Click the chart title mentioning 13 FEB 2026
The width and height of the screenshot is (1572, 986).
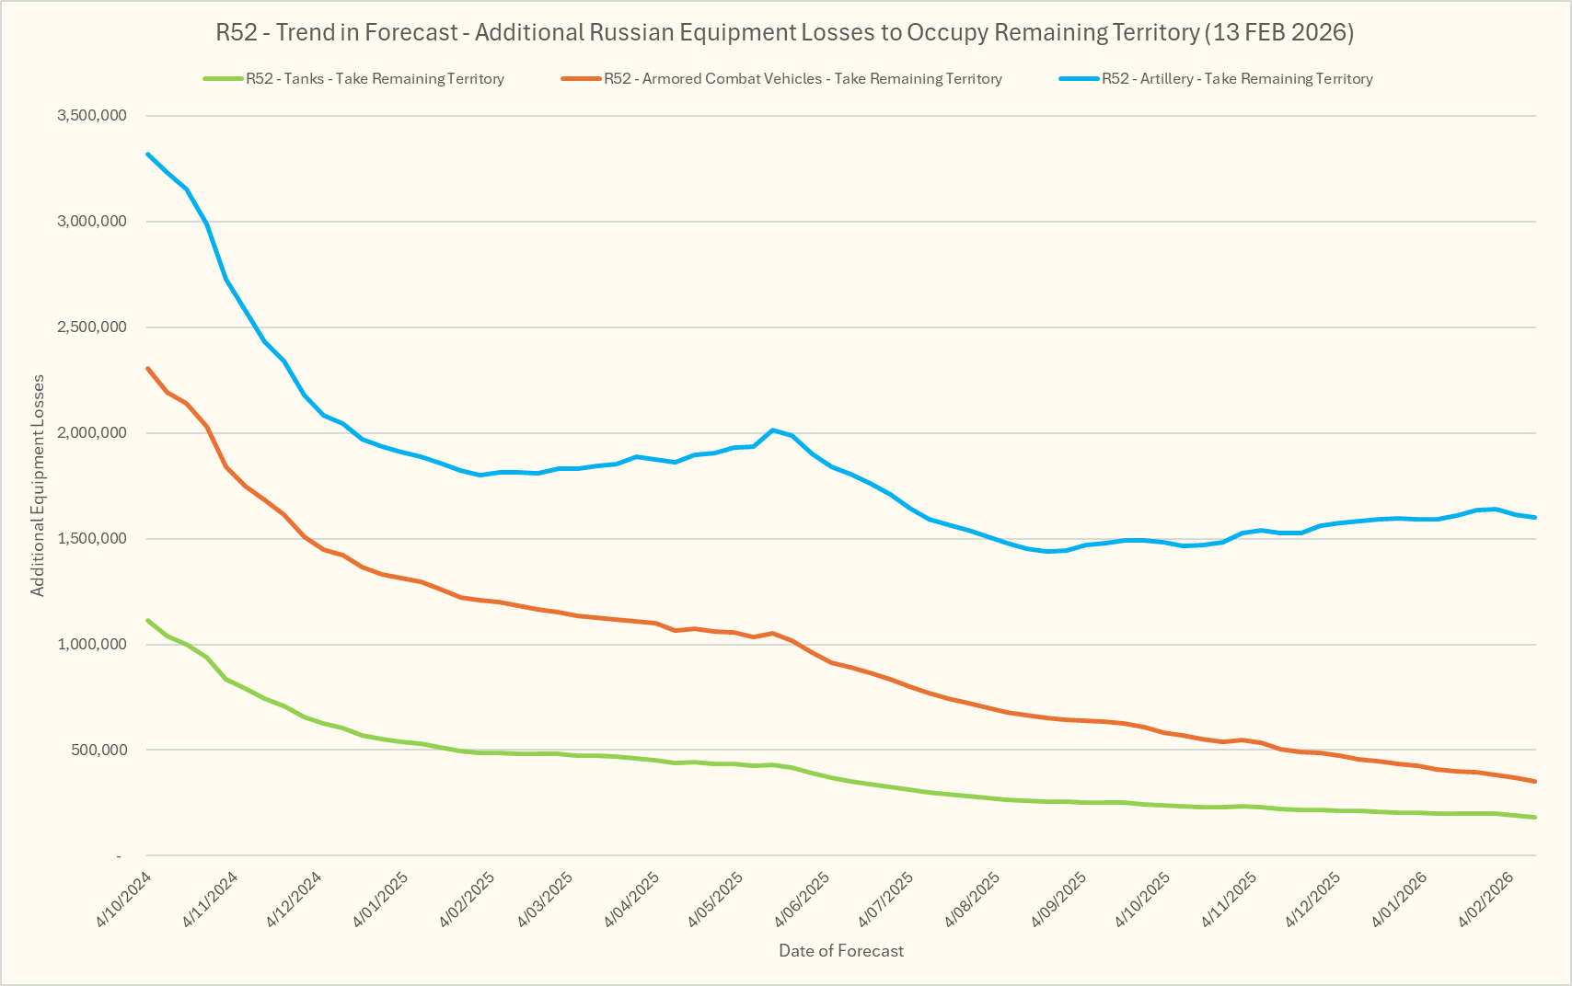(784, 33)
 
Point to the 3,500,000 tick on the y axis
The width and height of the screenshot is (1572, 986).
(91, 116)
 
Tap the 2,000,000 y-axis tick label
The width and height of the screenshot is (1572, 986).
(91, 433)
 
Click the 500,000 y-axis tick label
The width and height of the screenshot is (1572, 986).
(98, 751)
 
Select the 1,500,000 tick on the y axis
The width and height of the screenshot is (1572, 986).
(91, 539)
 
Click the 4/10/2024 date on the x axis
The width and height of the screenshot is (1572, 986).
(124, 900)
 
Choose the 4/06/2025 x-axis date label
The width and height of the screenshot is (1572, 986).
(804, 900)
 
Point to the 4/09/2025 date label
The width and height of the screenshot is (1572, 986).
(1058, 900)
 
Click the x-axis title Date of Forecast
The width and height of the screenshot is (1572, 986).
(841, 951)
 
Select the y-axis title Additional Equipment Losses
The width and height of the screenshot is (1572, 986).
(38, 486)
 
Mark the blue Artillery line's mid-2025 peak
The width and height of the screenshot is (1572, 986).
(772, 430)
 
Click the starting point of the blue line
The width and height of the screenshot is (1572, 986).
(148, 154)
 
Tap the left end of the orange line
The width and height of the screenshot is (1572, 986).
(148, 368)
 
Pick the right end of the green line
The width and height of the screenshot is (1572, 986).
(1535, 818)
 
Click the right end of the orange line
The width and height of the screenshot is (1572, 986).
(1535, 782)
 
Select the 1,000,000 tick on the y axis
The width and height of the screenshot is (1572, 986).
(91, 645)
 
